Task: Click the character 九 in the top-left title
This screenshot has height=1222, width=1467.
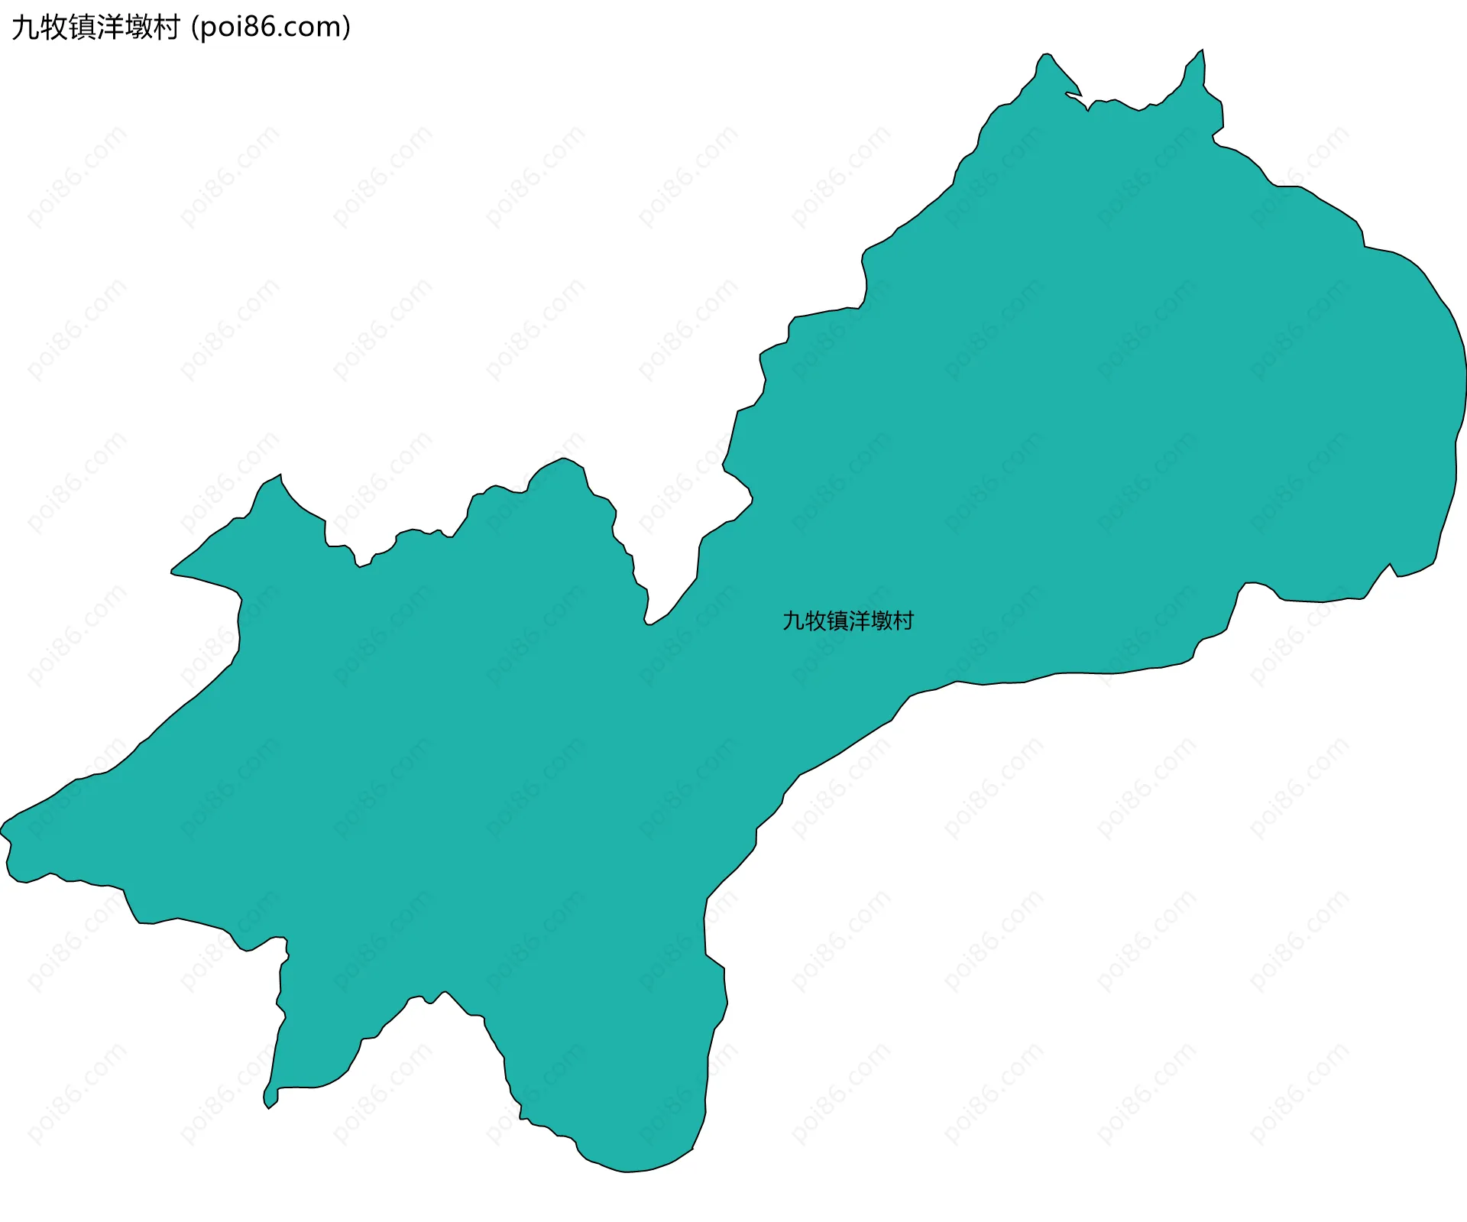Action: coord(24,28)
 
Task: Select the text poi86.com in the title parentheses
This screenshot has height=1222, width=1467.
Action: coord(270,28)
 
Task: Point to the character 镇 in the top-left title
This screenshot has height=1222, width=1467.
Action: coord(81,28)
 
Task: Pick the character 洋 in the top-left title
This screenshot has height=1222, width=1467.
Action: coord(109,28)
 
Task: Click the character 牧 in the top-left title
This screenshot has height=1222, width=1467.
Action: coord(53,28)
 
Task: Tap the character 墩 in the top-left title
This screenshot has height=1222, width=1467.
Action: coord(138,28)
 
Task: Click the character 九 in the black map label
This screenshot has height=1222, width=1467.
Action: coord(793,621)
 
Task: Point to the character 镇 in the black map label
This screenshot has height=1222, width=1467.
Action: coord(837,621)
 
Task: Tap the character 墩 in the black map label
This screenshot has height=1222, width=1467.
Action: coord(882,621)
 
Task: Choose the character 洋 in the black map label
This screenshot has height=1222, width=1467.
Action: coord(860,621)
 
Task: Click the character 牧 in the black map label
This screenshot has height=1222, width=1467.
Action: coord(815,621)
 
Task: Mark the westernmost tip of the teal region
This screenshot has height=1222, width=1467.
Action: coord(2,829)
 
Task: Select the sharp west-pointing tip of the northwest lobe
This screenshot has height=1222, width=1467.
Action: coord(172,571)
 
